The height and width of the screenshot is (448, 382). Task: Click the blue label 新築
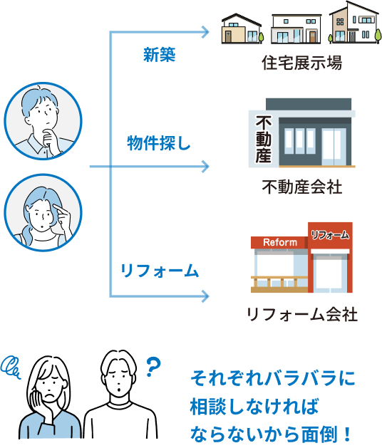(159, 55)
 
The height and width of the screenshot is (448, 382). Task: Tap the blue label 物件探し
(159, 143)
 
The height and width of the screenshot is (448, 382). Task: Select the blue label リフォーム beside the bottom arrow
(159, 271)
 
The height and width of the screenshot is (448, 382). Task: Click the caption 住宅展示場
(302, 63)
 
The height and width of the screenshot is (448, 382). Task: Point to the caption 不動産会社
(302, 187)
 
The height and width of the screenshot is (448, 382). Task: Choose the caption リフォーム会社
(302, 315)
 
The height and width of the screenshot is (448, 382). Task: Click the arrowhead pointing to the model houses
(205, 32)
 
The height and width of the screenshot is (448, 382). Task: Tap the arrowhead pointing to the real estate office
(205, 166)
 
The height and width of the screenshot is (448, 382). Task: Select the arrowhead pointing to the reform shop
(205, 296)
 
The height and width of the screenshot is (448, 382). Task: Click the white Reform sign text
(280, 243)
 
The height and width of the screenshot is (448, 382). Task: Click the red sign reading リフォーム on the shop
(330, 235)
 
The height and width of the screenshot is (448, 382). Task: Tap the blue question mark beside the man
(153, 367)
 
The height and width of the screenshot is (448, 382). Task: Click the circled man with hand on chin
(43, 121)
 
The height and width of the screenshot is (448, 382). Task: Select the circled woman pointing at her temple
(43, 212)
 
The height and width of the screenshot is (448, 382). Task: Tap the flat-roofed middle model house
(296, 28)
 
